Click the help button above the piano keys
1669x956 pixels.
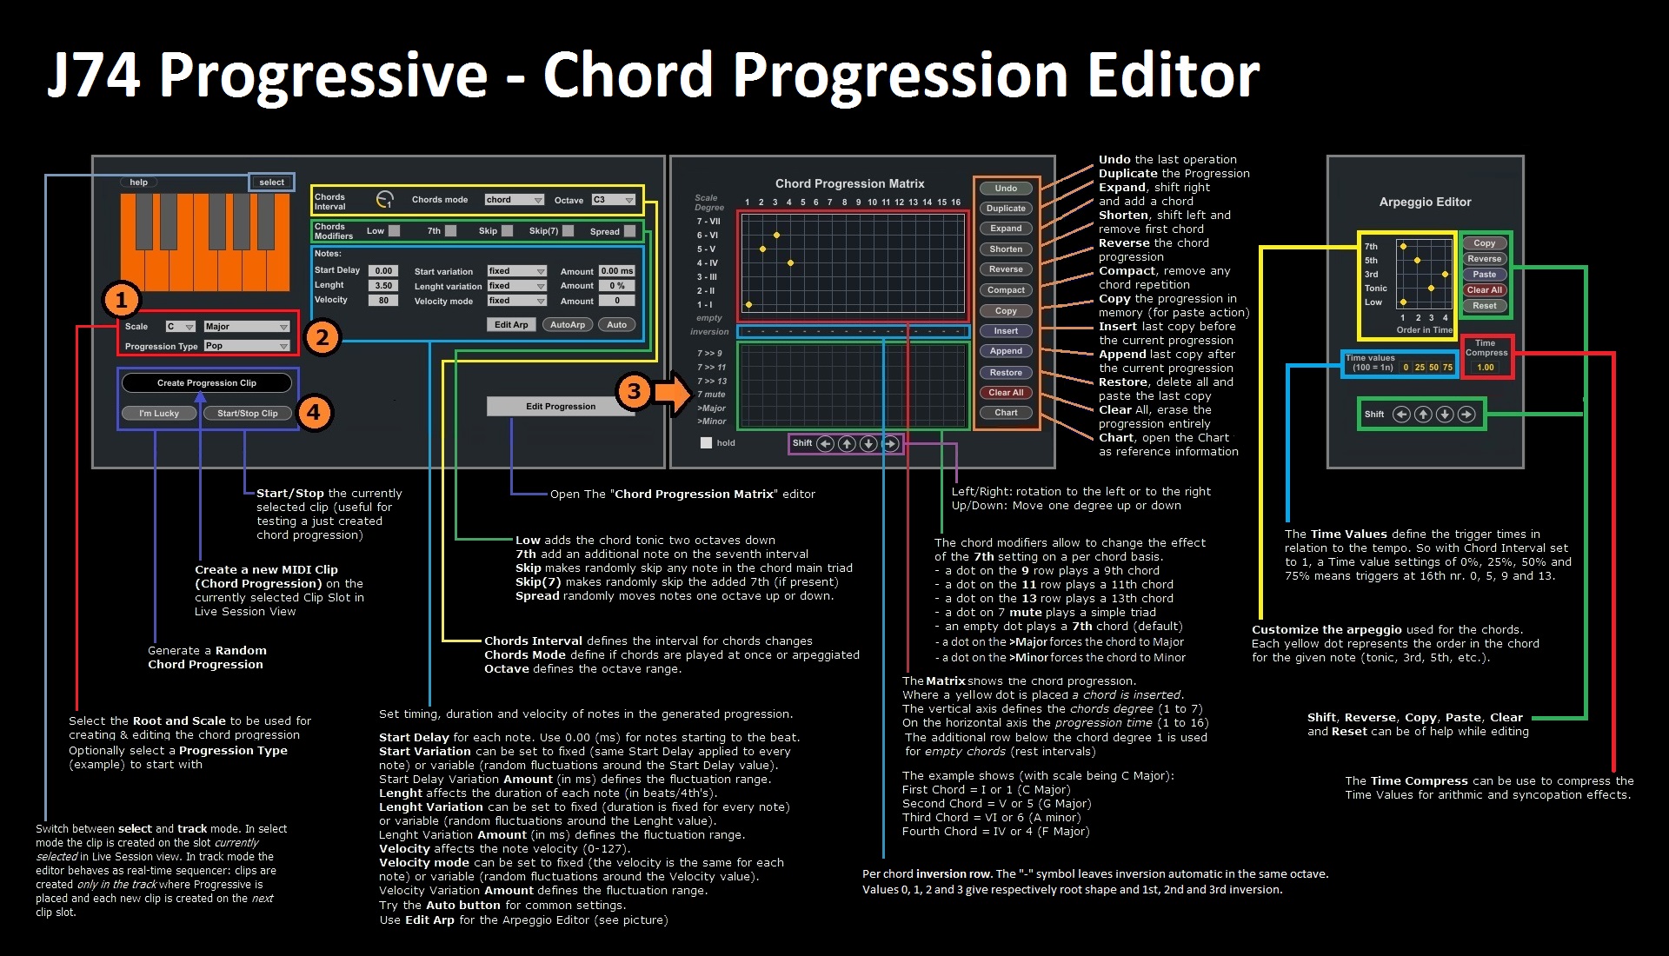[138, 183]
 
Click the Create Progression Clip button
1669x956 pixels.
[207, 383]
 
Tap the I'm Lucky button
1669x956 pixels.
[159, 414]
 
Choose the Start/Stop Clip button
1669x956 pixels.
[248, 414]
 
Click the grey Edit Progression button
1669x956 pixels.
[561, 406]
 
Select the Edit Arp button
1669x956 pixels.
[511, 325]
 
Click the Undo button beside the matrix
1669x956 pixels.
[1006, 189]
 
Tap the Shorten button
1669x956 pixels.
[1006, 249]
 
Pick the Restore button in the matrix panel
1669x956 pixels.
[1006, 373]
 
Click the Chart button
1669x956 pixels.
[1006, 413]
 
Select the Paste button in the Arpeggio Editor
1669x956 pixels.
[1485, 275]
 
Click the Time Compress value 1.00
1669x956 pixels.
[1486, 368]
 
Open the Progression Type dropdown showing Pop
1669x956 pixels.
[247, 346]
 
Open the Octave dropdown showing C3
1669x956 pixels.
[614, 200]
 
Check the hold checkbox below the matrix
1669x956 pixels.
[707, 442]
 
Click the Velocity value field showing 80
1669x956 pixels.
[383, 301]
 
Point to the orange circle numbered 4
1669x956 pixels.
[314, 412]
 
